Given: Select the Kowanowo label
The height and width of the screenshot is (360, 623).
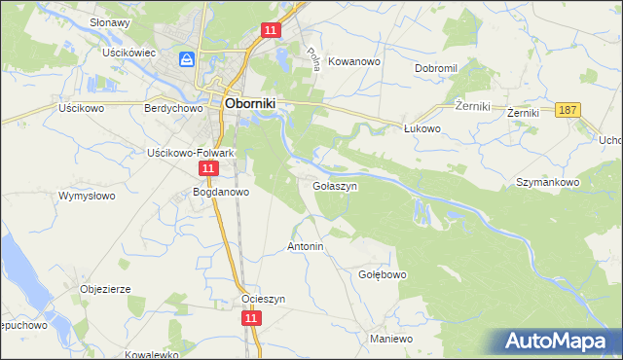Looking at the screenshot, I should [x=353, y=60].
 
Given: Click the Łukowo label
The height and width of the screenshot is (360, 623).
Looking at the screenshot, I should [x=423, y=127].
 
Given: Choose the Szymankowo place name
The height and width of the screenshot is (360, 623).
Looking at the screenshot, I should [x=548, y=182].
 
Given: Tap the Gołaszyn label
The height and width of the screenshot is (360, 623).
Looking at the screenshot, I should [x=336, y=185].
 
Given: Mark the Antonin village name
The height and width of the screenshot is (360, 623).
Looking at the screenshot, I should [x=305, y=247].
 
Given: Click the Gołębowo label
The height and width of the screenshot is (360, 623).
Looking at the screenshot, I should [x=383, y=274].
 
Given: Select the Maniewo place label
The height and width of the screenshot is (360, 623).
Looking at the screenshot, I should [x=392, y=339].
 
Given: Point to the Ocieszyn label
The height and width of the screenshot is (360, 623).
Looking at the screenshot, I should [x=263, y=300].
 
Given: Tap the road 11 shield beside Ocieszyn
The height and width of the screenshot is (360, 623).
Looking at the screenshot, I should [x=251, y=318].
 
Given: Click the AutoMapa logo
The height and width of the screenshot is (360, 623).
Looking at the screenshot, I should [x=560, y=341].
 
